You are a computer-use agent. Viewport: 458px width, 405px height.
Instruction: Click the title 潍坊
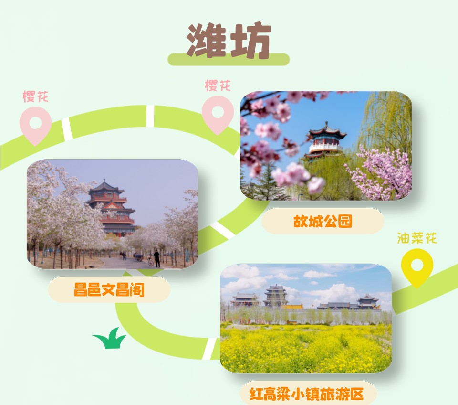[229, 40]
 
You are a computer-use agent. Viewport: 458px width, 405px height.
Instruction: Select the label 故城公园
[323, 221]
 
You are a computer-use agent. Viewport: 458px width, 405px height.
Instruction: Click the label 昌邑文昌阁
[109, 289]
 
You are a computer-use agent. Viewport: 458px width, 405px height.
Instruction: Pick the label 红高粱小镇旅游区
[306, 394]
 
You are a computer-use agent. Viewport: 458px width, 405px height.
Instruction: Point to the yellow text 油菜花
[417, 238]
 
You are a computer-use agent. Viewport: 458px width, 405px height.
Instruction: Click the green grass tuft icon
[110, 338]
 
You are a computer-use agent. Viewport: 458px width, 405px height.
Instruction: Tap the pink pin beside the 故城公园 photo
[218, 115]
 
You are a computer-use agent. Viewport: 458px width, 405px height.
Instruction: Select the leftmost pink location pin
[35, 125]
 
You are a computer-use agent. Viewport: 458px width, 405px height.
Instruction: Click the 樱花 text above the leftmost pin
[35, 96]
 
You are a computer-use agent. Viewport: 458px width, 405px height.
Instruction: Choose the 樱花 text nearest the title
[218, 85]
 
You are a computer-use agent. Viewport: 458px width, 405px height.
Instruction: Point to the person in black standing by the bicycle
[157, 258]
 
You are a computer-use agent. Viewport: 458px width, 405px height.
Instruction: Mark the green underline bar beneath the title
[229, 59]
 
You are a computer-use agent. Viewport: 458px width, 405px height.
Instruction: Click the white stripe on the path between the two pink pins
[150, 116]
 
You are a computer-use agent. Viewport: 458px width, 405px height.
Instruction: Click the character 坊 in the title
[250, 40]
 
